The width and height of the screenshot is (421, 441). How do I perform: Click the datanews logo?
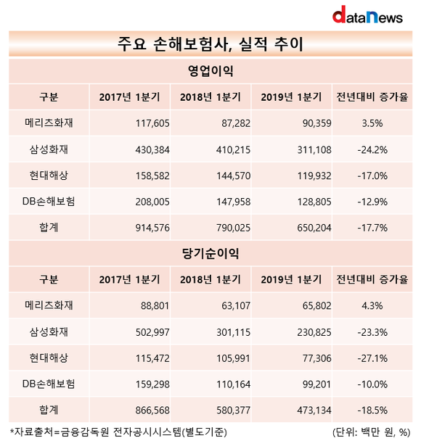[x=367, y=15]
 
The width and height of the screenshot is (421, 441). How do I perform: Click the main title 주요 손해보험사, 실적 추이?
[x=210, y=44]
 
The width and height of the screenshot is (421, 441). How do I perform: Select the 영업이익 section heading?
[x=210, y=71]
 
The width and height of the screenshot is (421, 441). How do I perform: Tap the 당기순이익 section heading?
[x=210, y=253]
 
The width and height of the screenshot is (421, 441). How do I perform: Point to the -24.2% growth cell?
[x=372, y=149]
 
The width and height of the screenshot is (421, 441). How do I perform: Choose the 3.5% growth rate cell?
[x=372, y=123]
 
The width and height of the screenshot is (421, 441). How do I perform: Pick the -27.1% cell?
[x=372, y=358]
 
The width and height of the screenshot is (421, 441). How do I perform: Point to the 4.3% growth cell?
[x=372, y=305]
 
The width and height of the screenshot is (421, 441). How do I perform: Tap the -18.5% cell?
[x=372, y=411]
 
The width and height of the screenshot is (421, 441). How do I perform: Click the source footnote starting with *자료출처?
[x=118, y=432]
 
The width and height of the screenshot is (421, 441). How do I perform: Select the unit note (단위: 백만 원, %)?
[x=372, y=432]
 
